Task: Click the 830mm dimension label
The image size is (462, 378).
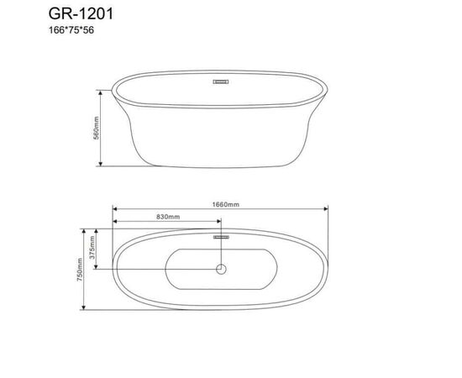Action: click(x=167, y=217)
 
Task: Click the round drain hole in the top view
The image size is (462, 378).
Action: click(x=222, y=269)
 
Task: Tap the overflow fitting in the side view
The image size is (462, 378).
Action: click(x=222, y=82)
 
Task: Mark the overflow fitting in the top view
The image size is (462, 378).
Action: click(x=222, y=238)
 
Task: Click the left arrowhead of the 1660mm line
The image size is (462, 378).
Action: click(x=115, y=210)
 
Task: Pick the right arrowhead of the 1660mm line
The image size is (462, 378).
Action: click(x=329, y=210)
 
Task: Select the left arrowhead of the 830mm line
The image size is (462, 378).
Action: click(x=115, y=223)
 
